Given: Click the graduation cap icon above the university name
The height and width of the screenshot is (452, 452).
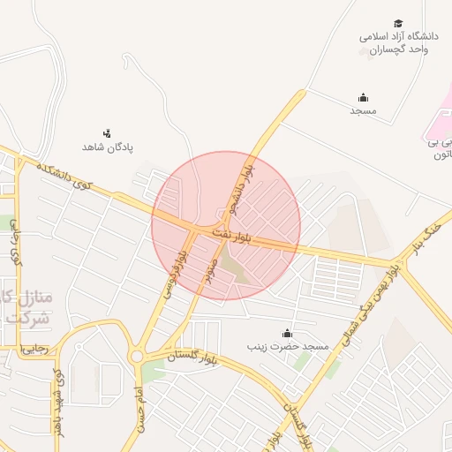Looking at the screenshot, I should pyautogui.click(x=398, y=24).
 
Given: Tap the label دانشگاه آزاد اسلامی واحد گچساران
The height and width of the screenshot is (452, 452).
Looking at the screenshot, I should pyautogui.click(x=398, y=43).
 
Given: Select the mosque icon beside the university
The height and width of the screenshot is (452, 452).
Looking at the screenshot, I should pyautogui.click(x=363, y=98).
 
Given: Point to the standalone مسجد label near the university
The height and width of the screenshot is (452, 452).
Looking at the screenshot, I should pyautogui.click(x=363, y=111).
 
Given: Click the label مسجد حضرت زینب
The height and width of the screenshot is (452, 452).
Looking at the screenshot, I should pyautogui.click(x=291, y=347).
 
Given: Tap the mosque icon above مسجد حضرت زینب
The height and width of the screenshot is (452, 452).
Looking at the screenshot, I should pyautogui.click(x=287, y=334).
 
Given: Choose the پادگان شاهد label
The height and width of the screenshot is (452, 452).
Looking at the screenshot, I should pyautogui.click(x=108, y=147).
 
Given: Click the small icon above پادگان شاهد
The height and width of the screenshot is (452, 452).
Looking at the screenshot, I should pyautogui.click(x=108, y=133).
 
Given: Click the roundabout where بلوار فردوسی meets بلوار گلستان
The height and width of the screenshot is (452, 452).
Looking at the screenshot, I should pyautogui.click(x=137, y=357).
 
